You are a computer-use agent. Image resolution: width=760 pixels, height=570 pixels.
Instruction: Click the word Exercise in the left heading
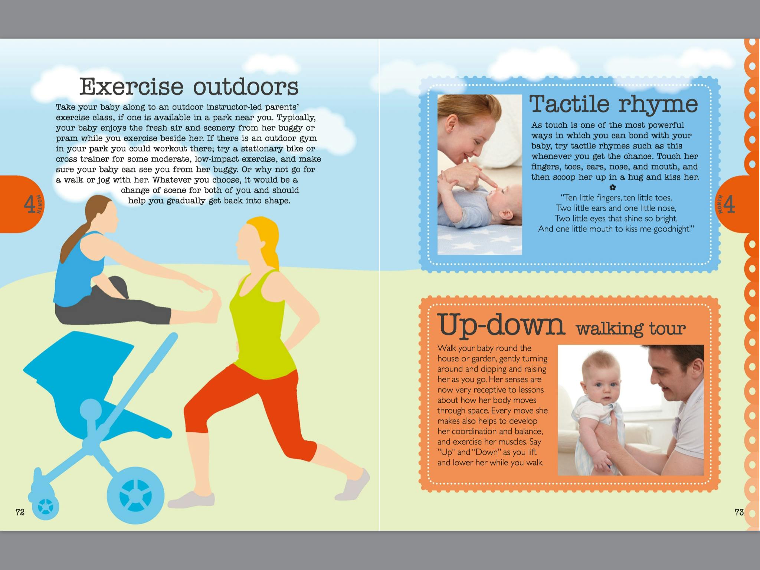(x=131, y=86)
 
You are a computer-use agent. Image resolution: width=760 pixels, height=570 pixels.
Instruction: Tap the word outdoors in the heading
(x=246, y=86)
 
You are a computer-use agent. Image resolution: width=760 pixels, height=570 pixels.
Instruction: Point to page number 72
(x=20, y=512)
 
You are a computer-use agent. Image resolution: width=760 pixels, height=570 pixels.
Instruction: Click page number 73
(x=739, y=512)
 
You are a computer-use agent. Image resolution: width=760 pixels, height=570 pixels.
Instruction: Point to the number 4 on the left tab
(x=29, y=204)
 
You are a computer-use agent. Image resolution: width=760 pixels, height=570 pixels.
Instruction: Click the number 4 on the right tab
(x=729, y=204)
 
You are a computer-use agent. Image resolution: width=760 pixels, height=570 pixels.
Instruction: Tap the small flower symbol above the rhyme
(x=613, y=187)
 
